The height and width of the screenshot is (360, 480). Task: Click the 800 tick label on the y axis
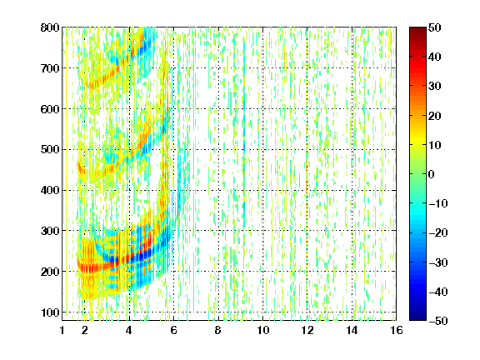[x=50, y=27]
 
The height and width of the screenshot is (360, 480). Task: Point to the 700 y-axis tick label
[x=50, y=68]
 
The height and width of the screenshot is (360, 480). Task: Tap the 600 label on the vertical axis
[x=50, y=109]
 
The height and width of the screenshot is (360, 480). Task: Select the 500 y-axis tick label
[x=50, y=150]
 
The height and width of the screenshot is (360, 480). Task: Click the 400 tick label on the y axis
[x=50, y=190]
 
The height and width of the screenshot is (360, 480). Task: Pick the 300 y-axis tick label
[x=50, y=231]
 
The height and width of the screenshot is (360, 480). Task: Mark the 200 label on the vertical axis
[x=50, y=272]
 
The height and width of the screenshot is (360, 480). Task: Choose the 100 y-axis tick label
[x=50, y=312]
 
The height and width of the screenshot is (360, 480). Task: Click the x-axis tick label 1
[x=62, y=330]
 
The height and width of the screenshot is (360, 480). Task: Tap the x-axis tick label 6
[x=174, y=330]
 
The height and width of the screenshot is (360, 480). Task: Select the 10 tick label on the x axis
[x=262, y=330]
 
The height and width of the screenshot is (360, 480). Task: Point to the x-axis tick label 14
[x=352, y=330]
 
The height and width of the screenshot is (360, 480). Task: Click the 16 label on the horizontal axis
[x=397, y=330]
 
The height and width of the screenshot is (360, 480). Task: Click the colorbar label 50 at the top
[x=435, y=27]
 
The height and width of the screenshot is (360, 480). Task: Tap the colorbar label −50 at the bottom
[x=438, y=321]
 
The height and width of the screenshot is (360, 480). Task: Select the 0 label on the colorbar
[x=432, y=174]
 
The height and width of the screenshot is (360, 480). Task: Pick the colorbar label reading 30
[x=435, y=87]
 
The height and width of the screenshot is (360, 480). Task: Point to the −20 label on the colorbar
[x=438, y=232]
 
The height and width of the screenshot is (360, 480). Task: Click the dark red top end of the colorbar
[x=417, y=30]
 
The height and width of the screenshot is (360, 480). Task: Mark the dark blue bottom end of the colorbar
[x=417, y=317]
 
